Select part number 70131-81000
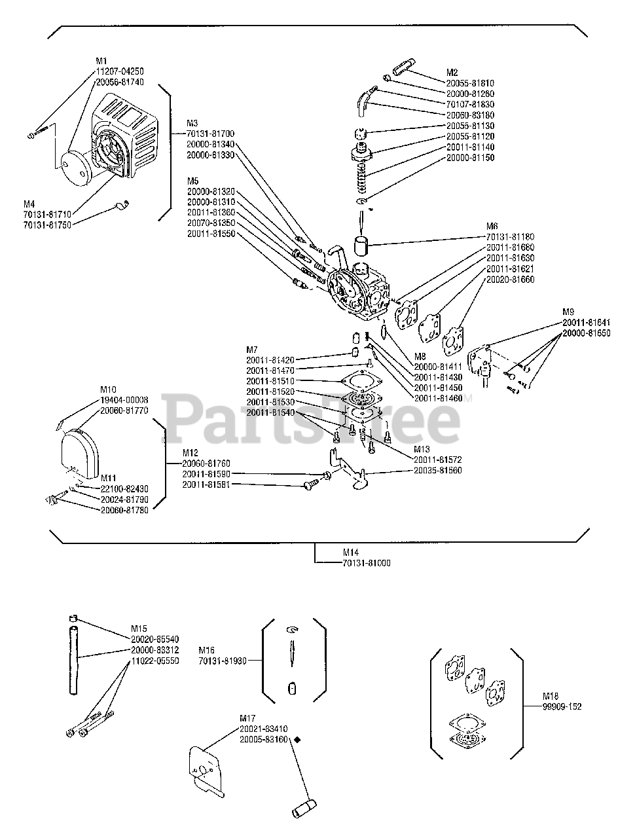coord(367,563)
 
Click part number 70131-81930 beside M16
coord(223,661)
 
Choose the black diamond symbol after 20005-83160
coord(297,739)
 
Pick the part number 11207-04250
coord(120,71)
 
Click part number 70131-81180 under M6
coord(510,237)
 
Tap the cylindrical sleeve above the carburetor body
coord(361,247)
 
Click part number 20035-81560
coord(438,470)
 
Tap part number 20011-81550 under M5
coord(211,234)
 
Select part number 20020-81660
coord(510,280)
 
